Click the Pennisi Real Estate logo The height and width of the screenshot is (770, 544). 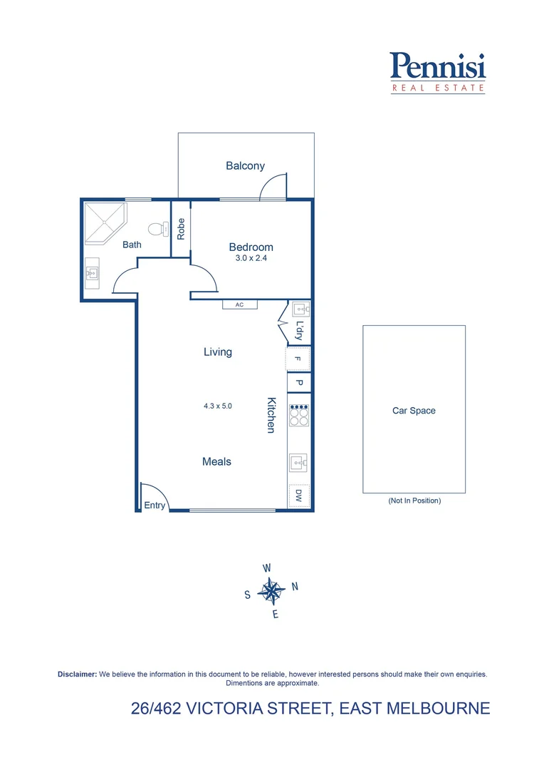tap(438, 73)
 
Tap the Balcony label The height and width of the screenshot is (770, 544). tap(245, 166)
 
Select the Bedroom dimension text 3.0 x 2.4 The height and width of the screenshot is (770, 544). tap(251, 259)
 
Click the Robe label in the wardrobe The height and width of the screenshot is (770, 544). tap(182, 228)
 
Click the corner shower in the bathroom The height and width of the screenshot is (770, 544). tap(104, 222)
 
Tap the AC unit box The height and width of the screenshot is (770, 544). tap(240, 304)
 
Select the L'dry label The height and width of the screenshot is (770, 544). tap(299, 331)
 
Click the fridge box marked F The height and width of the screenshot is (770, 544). tap(299, 359)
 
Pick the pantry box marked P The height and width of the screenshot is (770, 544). tap(299, 383)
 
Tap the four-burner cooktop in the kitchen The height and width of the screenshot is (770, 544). tap(299, 415)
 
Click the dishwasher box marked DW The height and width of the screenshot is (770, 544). tap(299, 497)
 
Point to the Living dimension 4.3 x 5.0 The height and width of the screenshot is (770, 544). tap(218, 406)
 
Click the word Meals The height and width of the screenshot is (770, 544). tap(216, 462)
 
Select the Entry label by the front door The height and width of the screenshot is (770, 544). tap(155, 505)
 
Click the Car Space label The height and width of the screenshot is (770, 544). tap(414, 411)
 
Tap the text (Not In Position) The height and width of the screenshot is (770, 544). tap(414, 500)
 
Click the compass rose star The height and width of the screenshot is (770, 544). tap(271, 590)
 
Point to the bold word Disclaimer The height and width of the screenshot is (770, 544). tap(77, 674)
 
